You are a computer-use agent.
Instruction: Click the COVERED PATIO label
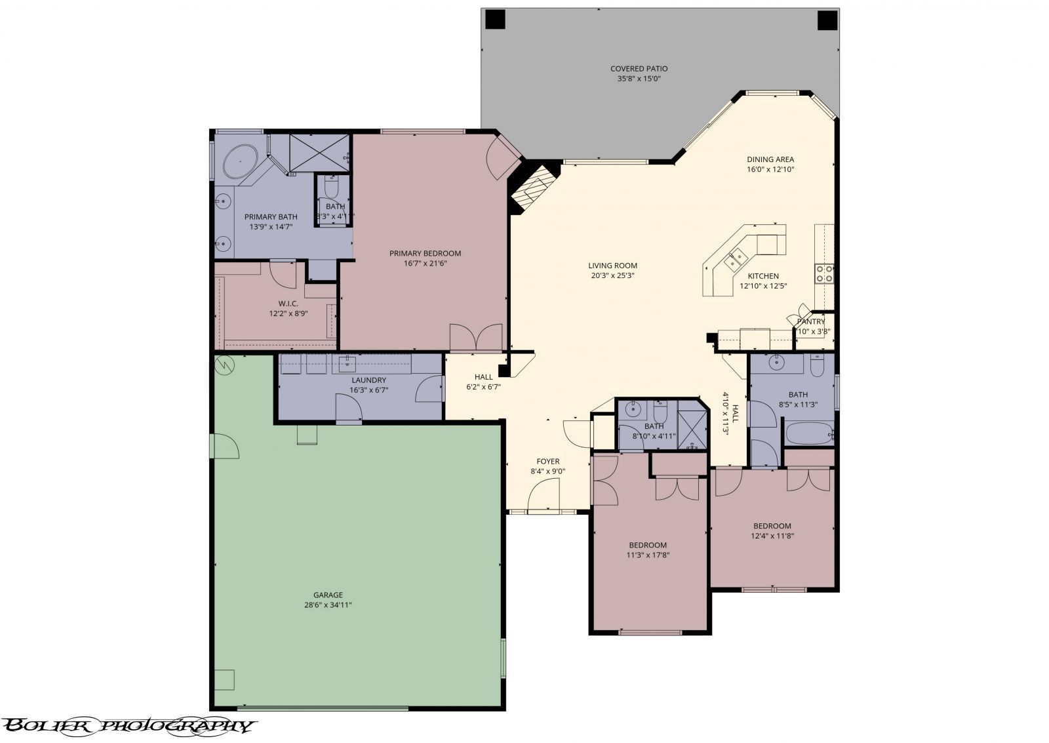[x=639, y=69]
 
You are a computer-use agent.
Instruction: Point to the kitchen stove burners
[x=824, y=273]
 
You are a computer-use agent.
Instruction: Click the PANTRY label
[x=811, y=321]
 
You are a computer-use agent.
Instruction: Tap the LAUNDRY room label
[x=368, y=380]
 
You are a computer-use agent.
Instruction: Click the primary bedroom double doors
[x=477, y=338]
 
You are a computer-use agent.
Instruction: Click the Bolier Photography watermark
[x=128, y=725]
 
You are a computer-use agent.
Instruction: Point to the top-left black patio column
[x=495, y=20]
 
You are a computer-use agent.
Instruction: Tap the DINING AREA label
[x=770, y=159]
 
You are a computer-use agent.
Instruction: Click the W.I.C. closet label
[x=288, y=304]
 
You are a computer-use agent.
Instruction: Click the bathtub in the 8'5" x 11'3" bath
[x=807, y=433]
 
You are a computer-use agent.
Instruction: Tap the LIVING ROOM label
[x=612, y=266]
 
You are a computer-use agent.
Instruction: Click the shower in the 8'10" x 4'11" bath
[x=692, y=430]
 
